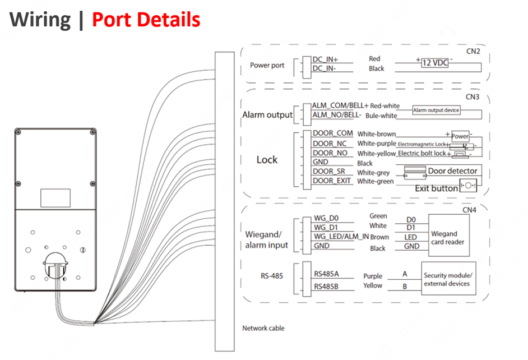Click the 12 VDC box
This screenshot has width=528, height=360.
[x=435, y=63]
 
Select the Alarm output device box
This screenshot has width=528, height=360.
[x=436, y=110]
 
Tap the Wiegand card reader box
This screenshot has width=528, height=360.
[x=448, y=238]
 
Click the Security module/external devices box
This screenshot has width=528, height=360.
[x=448, y=279]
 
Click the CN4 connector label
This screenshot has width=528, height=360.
[x=469, y=210]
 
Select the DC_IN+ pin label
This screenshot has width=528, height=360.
[x=325, y=59]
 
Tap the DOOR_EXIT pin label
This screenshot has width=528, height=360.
[x=331, y=181]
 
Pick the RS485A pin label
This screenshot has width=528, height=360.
[x=327, y=275]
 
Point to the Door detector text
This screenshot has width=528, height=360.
[x=453, y=170]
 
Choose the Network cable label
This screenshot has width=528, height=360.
[x=263, y=328]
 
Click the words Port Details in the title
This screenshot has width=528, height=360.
[x=146, y=20]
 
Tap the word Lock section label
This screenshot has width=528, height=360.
[x=267, y=160]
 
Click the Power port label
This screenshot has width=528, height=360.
[x=267, y=65]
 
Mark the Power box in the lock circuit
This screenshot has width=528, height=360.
[x=460, y=136]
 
